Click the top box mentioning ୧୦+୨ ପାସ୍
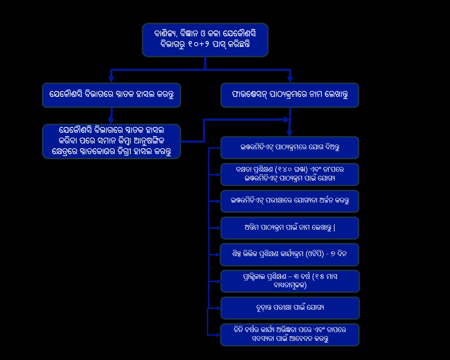205,40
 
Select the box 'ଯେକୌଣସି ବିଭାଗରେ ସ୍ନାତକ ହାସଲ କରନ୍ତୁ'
111,95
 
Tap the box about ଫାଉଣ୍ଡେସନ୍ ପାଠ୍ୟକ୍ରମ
289,95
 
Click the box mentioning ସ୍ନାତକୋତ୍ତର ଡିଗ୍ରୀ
111,141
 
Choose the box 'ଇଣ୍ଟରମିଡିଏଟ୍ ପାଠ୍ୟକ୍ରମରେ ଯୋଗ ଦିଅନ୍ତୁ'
289,148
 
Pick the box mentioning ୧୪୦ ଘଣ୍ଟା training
289,174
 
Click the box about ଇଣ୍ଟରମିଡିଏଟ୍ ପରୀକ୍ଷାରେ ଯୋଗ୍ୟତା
289,201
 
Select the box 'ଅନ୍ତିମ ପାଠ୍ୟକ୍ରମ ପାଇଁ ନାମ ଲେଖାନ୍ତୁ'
289,228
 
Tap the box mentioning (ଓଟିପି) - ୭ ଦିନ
289,254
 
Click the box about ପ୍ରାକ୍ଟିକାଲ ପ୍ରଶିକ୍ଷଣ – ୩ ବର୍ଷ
289,281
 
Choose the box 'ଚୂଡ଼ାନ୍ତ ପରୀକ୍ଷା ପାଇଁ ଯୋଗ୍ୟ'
289,308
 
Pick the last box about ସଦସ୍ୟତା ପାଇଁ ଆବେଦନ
289,335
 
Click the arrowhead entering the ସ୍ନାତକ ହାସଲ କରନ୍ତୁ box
111,79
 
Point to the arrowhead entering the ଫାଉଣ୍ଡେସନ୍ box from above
290,79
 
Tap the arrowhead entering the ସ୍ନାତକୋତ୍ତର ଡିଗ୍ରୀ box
111,121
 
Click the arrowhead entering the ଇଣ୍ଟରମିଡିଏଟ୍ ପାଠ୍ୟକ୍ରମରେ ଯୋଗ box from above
289,134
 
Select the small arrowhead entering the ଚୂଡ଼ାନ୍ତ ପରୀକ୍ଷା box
218,308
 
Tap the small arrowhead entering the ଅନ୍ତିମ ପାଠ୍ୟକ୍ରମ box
218,228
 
